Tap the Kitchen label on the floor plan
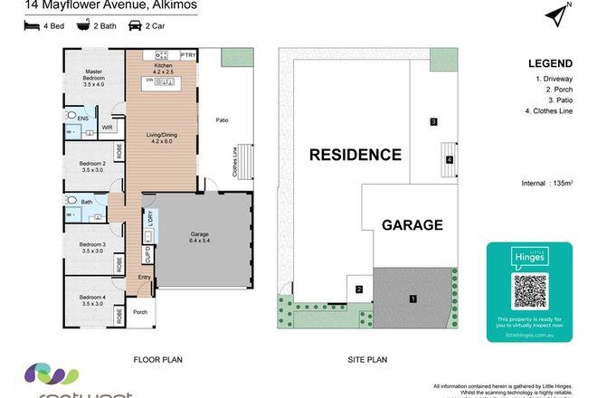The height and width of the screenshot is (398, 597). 163,65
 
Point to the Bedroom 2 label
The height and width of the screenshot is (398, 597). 93,166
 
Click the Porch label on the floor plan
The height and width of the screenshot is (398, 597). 140,313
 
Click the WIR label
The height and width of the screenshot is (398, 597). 107,128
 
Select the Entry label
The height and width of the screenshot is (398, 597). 145,279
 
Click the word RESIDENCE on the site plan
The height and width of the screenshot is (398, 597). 355,155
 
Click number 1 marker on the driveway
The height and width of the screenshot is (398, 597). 412,298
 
